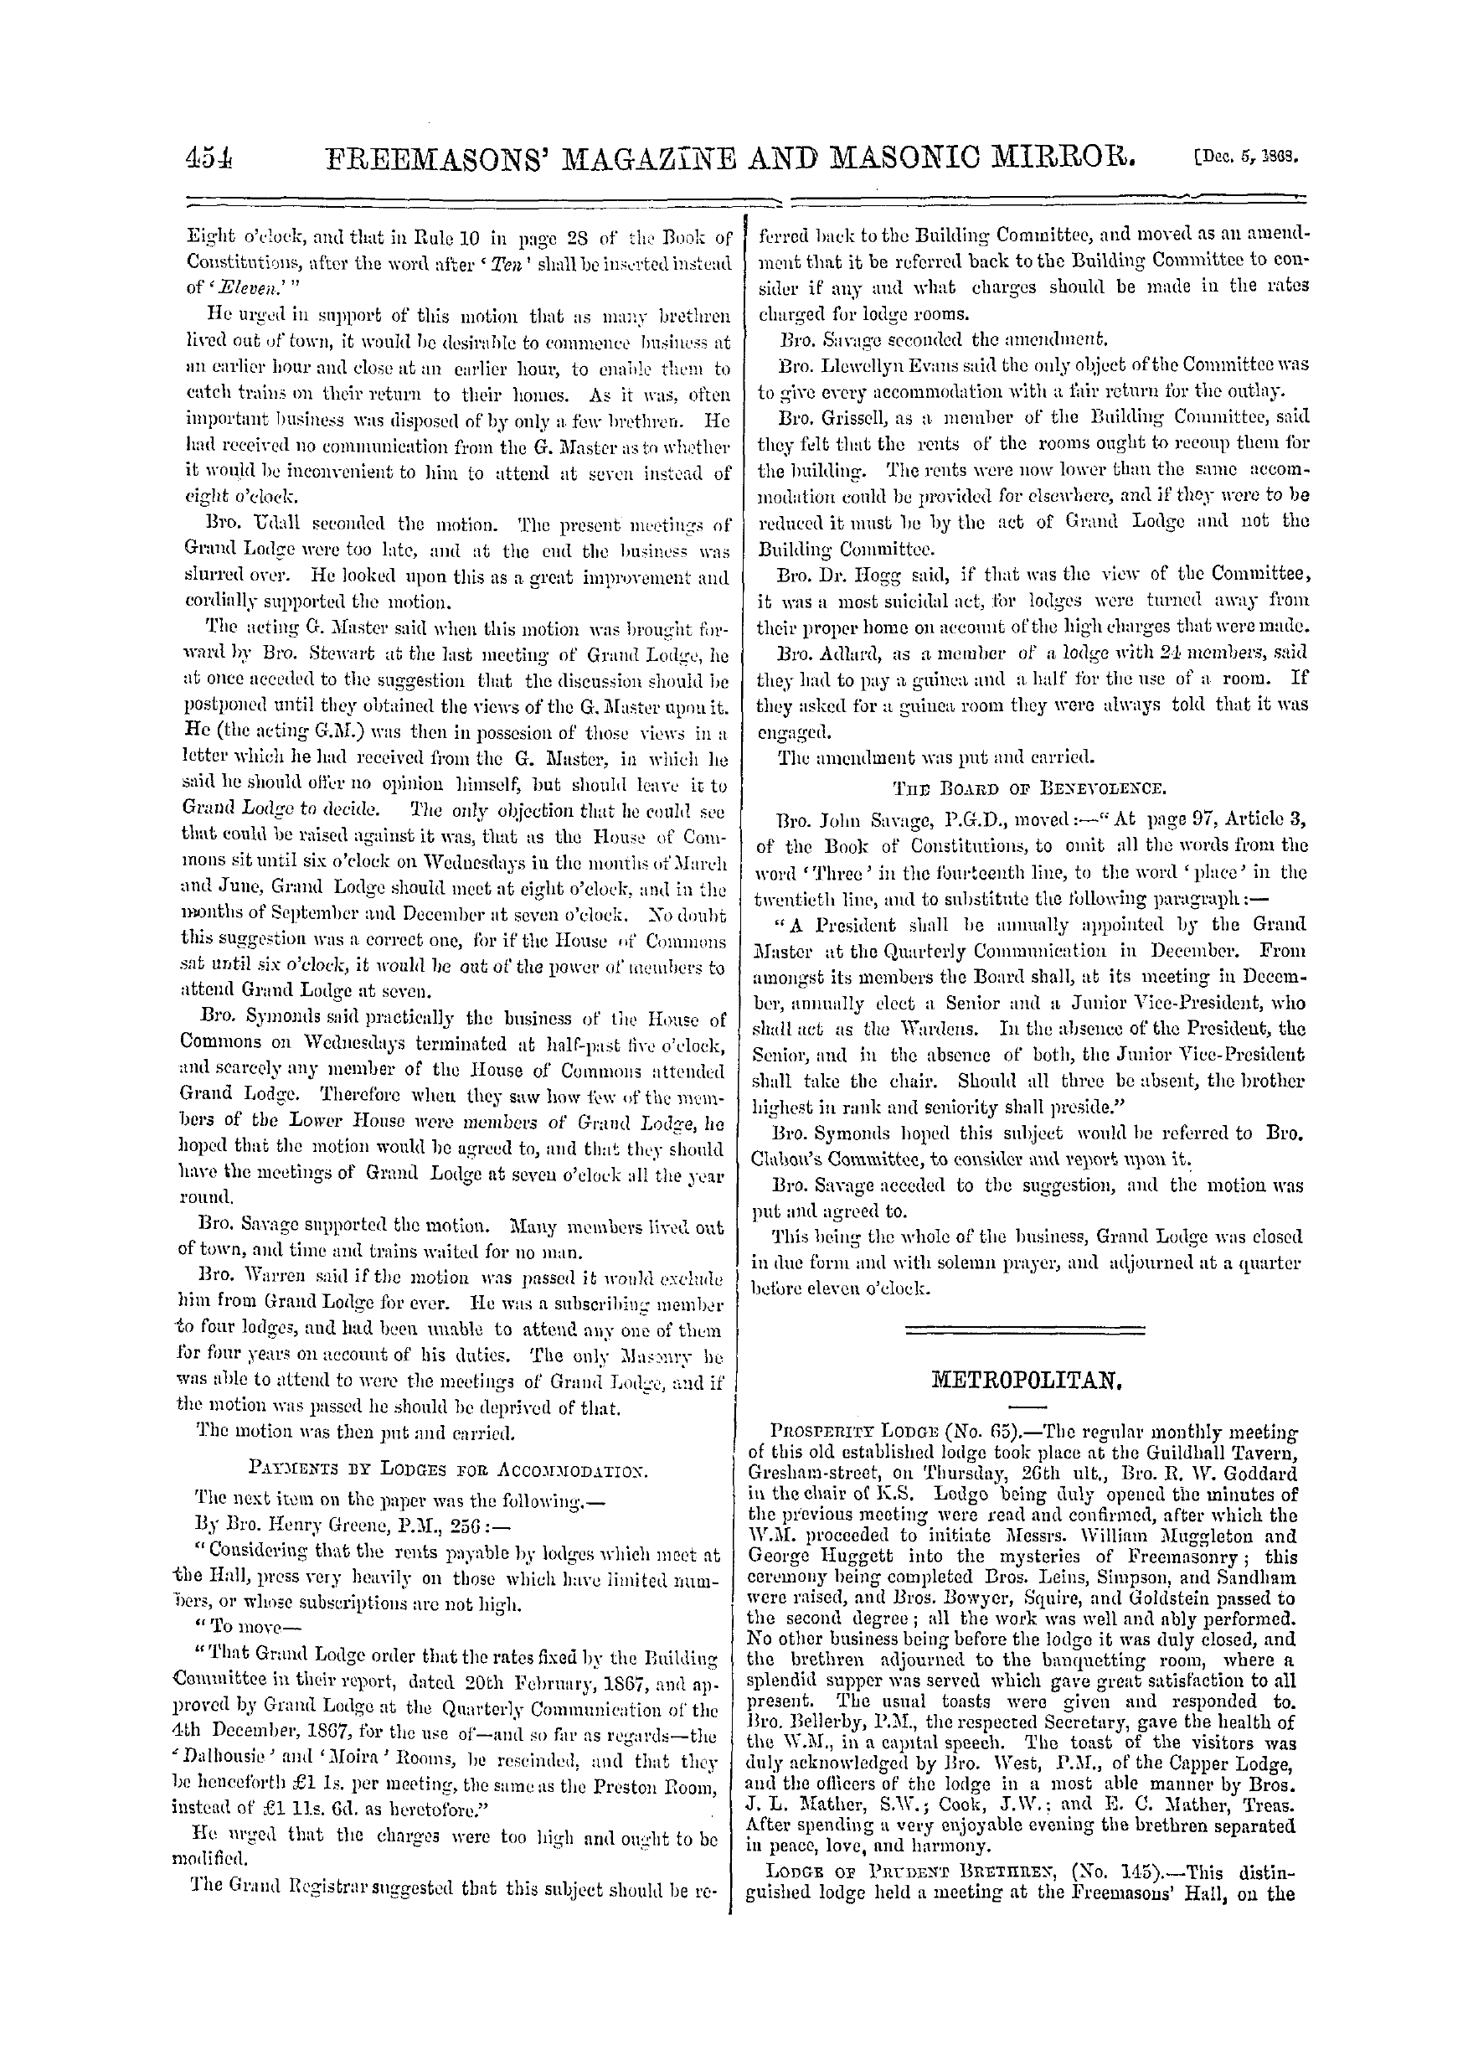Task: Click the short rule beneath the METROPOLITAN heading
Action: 1027,1407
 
